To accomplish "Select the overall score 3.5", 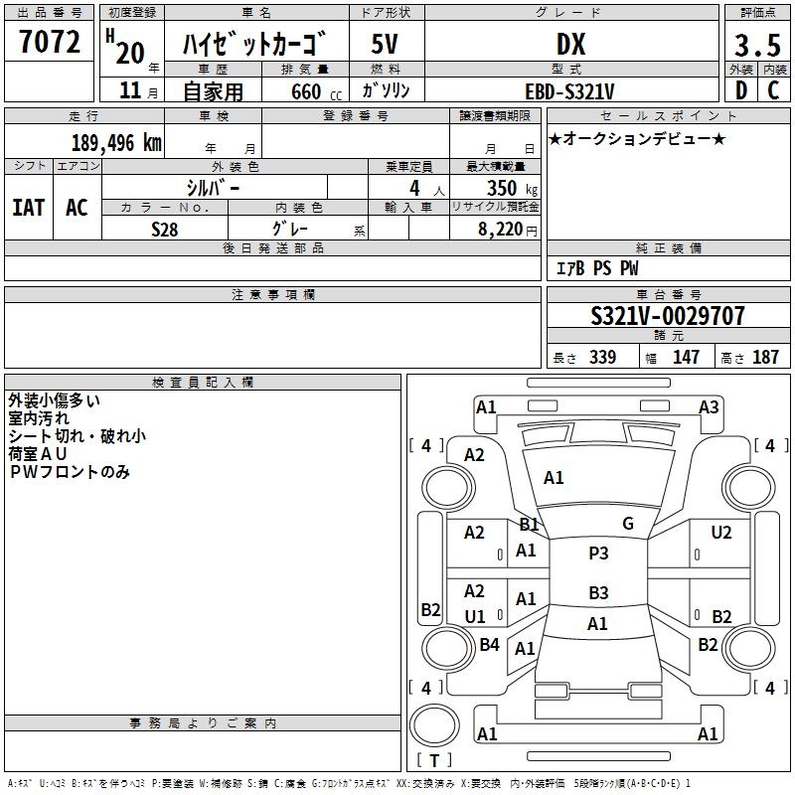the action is click(757, 46).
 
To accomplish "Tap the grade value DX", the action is click(570, 45).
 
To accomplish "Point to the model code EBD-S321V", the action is click(570, 91).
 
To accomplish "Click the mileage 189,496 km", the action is click(116, 142).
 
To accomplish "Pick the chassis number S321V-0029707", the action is click(667, 316).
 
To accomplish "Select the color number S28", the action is click(165, 229).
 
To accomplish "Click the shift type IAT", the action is click(28, 207).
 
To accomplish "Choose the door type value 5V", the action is click(386, 45).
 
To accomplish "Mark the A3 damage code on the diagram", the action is click(709, 406).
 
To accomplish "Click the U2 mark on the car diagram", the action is click(721, 533).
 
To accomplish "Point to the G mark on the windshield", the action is click(627, 524).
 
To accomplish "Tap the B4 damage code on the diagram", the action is click(489, 645).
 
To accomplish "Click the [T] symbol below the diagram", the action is click(434, 760).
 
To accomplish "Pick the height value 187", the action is click(765, 357).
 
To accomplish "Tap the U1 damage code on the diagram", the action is click(475, 617).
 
